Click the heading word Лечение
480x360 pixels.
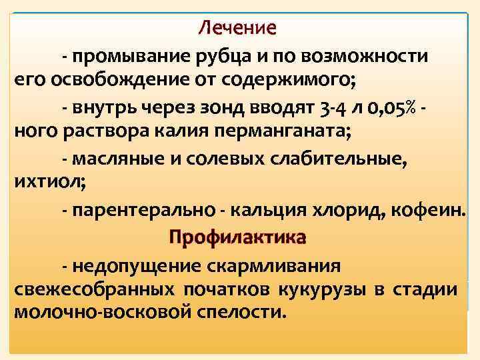pos(237,29)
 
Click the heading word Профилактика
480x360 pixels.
pos(237,237)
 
